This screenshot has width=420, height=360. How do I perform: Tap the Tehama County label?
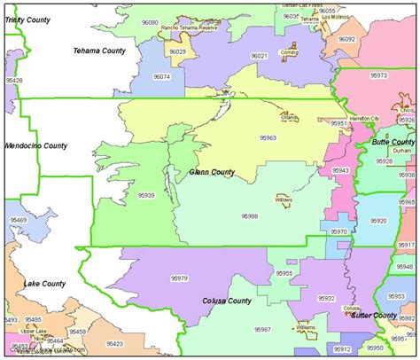pos(99,51)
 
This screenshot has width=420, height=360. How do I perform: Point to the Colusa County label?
pos(227,301)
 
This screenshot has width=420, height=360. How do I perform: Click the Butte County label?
pos(393,142)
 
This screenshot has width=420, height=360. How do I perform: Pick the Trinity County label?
pos(26,19)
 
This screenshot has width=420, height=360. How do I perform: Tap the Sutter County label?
pos(372,315)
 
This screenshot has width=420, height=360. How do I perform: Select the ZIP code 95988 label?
pos(250,215)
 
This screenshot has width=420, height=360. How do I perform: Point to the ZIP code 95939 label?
pos(146,195)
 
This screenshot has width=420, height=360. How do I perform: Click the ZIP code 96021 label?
pos(259,55)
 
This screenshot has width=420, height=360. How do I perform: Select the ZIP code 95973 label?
pos(378,75)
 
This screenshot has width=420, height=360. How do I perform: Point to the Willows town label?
pos(284,200)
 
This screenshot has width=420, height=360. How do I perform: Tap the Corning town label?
pos(289,54)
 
